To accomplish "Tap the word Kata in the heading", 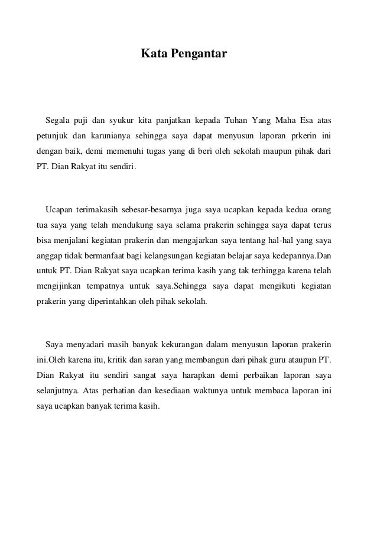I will click(152, 54).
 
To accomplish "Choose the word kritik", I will click(117, 359).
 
